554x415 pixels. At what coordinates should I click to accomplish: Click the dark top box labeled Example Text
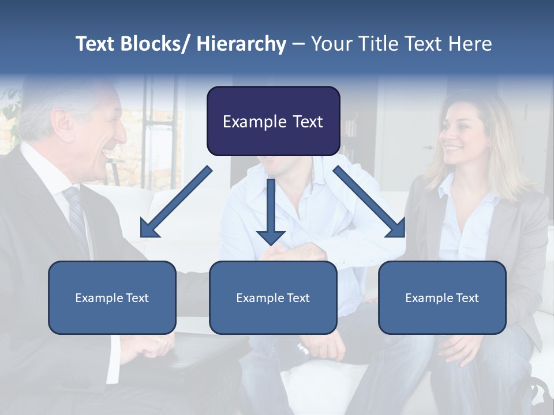[273, 121]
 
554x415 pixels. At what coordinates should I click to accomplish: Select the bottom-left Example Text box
[112, 297]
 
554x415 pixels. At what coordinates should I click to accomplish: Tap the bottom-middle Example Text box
[273, 297]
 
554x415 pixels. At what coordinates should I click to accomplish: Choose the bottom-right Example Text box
[442, 297]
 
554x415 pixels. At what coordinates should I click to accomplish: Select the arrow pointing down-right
[370, 202]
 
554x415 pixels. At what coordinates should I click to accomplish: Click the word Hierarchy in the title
[241, 44]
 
